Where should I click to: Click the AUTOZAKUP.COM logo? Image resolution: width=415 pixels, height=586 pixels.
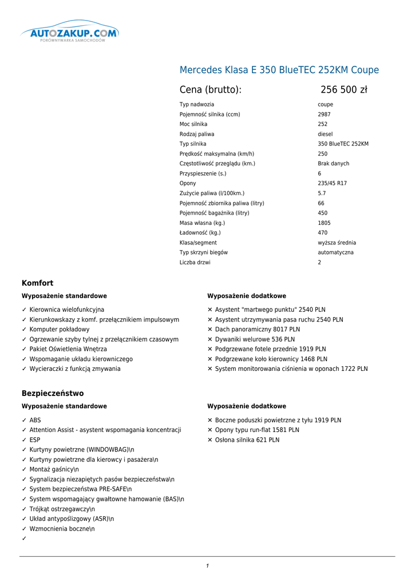click(69, 34)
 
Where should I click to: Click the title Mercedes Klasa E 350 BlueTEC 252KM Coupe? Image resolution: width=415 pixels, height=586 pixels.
click(279, 70)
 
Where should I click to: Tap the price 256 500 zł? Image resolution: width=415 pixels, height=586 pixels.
click(343, 90)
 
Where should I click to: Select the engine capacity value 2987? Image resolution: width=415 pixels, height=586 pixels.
click(324, 114)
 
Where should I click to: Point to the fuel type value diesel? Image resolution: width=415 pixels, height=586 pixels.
click(325, 134)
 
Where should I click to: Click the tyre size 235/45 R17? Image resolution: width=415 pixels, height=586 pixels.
click(332, 184)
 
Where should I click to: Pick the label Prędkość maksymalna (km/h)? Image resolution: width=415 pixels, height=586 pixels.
click(216, 154)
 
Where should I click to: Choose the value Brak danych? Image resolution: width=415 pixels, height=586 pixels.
click(333, 164)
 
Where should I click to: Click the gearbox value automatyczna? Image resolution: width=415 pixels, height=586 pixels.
click(335, 252)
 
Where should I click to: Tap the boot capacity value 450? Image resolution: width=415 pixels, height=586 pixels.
click(323, 213)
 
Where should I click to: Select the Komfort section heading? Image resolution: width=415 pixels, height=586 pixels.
click(37, 283)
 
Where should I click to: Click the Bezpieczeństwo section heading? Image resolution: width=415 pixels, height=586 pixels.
click(53, 393)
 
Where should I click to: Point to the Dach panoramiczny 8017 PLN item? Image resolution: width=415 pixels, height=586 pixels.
click(257, 330)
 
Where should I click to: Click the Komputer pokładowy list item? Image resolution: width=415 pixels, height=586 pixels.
click(60, 330)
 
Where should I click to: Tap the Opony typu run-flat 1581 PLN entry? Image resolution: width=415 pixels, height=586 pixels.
click(257, 430)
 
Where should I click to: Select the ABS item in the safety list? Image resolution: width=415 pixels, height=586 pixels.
click(35, 420)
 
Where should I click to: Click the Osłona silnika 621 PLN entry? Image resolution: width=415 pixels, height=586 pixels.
click(247, 440)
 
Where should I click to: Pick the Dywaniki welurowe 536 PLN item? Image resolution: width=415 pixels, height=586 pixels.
click(255, 339)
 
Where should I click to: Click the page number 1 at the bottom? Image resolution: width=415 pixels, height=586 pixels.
click(207, 566)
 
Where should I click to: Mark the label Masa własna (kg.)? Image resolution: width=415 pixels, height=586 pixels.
click(202, 223)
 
